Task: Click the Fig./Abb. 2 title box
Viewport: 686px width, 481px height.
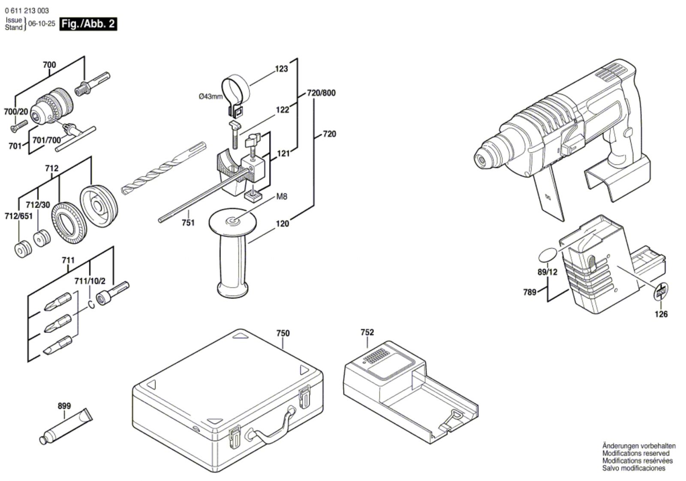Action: click(x=88, y=24)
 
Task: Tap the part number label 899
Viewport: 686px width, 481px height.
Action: click(x=64, y=406)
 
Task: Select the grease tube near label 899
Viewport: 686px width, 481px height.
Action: click(x=66, y=427)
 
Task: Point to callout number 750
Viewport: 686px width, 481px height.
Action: click(x=283, y=333)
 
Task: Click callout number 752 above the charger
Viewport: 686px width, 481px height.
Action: click(x=367, y=332)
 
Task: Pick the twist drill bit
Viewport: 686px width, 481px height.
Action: click(x=163, y=169)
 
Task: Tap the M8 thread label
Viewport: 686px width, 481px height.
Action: click(x=282, y=197)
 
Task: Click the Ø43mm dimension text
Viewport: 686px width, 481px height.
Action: click(x=211, y=97)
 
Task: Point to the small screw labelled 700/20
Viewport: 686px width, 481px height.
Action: click(x=19, y=127)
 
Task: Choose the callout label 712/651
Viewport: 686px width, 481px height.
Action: click(x=18, y=216)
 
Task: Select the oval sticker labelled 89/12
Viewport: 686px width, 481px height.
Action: click(x=548, y=255)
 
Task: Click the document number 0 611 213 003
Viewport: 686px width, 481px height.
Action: click(x=27, y=11)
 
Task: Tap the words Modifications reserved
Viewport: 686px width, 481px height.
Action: click(x=636, y=453)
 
